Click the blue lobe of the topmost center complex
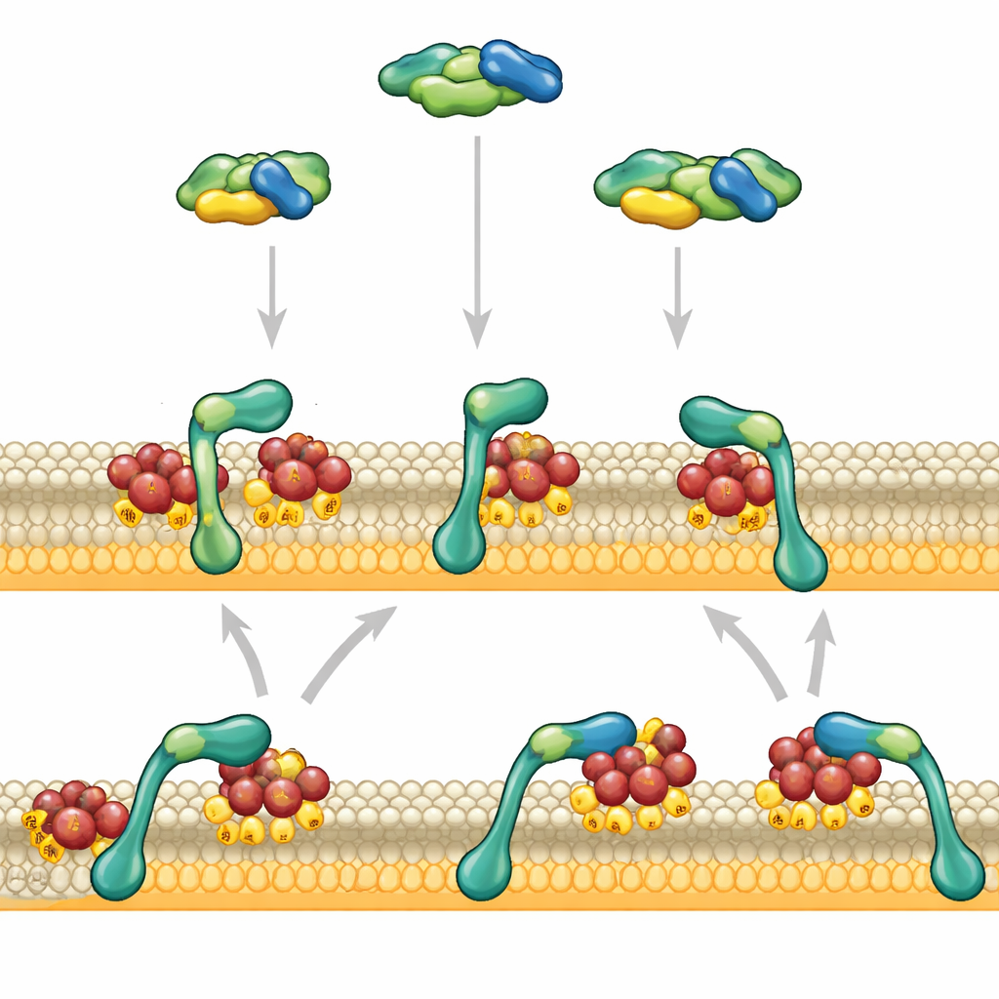521,70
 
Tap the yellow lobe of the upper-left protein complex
234,206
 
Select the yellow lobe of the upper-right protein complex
659,207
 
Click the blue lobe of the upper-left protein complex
281,187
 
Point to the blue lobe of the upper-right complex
743,188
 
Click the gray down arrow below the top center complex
476,244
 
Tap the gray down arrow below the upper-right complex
677,298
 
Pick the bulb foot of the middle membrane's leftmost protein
216,550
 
